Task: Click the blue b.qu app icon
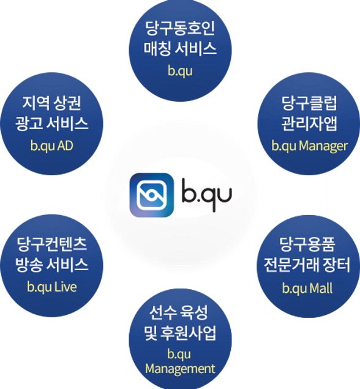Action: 152,195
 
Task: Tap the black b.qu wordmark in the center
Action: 207,195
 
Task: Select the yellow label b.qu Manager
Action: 309,146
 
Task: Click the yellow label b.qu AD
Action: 52,146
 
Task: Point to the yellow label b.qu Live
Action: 52,287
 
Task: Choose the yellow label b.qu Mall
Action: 307,289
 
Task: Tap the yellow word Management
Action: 180,369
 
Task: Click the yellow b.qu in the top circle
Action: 180,71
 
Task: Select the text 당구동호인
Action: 180,28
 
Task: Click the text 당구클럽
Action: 309,103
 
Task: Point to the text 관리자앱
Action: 309,123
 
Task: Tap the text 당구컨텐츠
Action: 52,244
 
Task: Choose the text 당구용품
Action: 307,244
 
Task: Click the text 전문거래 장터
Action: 307,265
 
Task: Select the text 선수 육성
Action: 179,313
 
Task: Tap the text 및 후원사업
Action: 180,333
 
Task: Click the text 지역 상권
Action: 52,103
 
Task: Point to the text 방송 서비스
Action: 52,265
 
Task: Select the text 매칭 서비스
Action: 180,48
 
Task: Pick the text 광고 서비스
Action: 52,123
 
